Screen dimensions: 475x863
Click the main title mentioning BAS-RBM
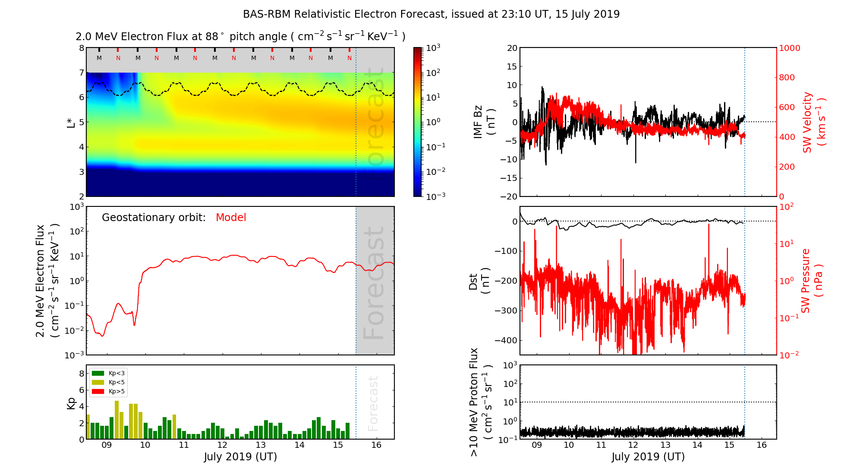[431, 14]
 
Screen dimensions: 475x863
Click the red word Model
[231, 218]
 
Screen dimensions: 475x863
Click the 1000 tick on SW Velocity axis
[789, 48]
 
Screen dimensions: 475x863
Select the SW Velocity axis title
[813, 122]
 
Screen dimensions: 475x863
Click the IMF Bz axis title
[484, 122]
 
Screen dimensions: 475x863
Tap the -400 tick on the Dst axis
[506, 340]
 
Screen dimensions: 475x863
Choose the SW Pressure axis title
[812, 281]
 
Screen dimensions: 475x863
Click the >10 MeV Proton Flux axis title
[480, 402]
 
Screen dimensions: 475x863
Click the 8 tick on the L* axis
[81, 48]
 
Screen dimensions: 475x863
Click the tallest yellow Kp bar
[117, 420]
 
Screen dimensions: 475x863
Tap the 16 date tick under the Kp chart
[376, 445]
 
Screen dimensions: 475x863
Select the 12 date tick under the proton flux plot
[633, 445]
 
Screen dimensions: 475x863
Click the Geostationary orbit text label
[154, 218]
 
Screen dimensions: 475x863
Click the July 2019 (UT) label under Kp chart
[240, 457]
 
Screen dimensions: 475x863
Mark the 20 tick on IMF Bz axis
[512, 48]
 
